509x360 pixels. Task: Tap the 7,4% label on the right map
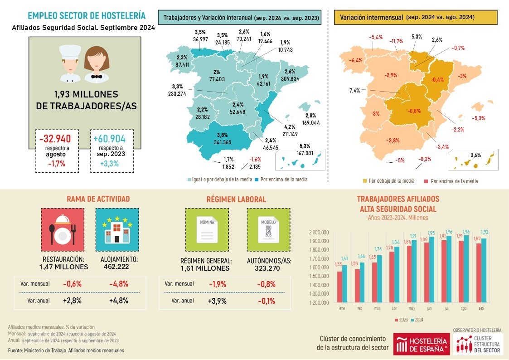(x=355, y=91)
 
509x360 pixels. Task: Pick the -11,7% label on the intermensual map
(x=396, y=41)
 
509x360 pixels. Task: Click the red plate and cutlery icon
(x=63, y=229)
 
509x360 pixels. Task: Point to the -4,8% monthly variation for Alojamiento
(x=119, y=284)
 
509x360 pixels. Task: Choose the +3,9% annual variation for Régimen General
(x=218, y=301)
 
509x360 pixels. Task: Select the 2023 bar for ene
(x=340, y=287)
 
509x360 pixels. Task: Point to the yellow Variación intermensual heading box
(x=415, y=18)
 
